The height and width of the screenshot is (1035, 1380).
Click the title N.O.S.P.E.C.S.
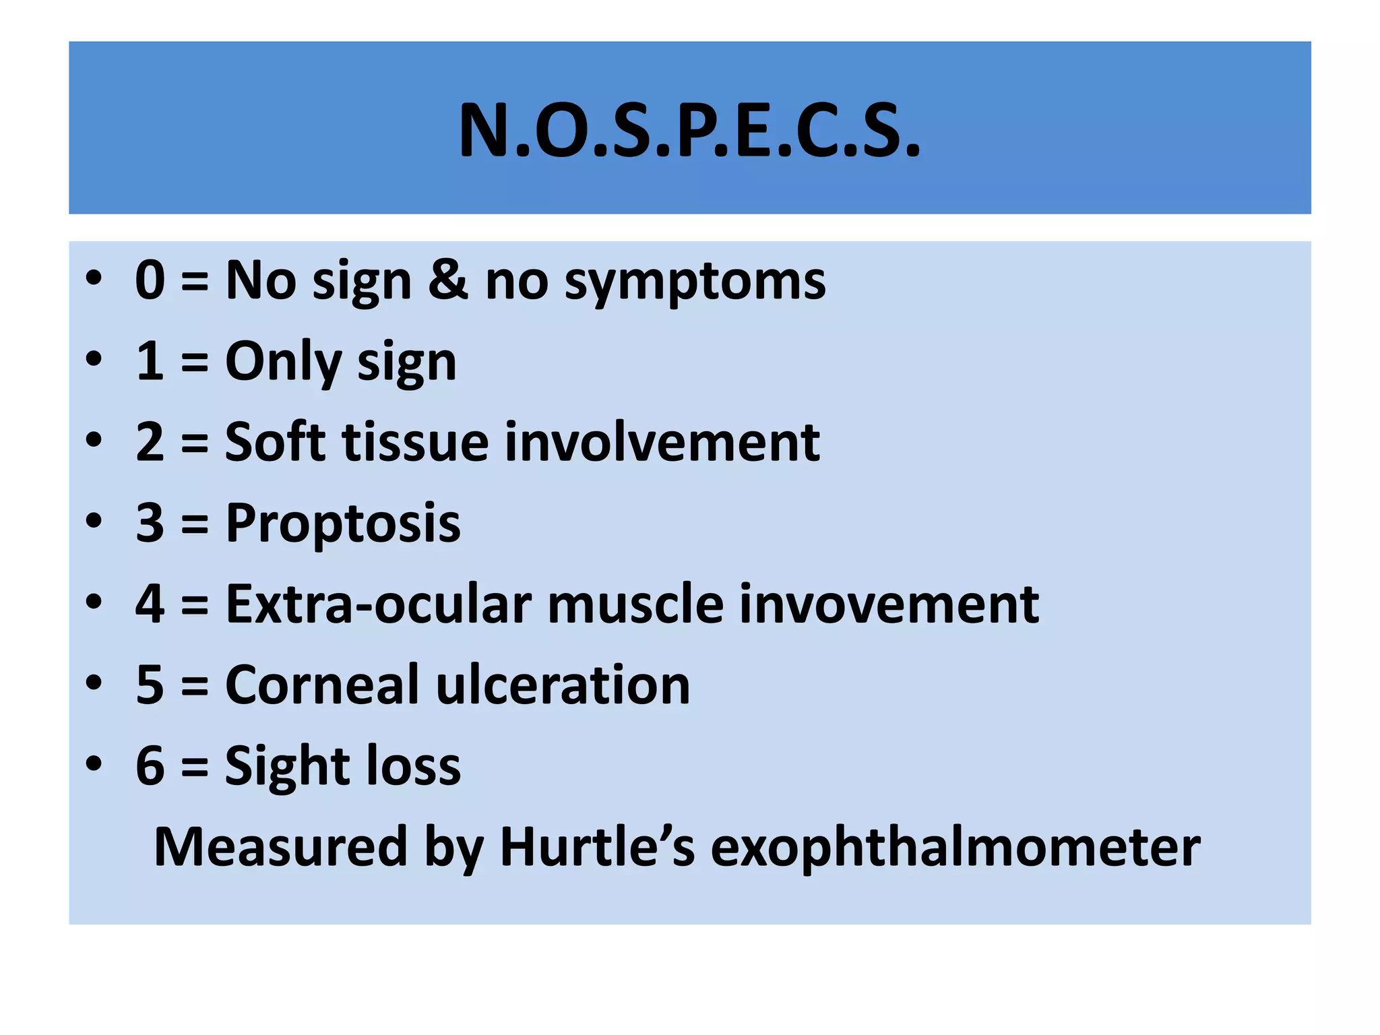click(689, 131)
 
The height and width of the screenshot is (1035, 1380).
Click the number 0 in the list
click(150, 280)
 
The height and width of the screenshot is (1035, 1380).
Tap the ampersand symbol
click(447, 280)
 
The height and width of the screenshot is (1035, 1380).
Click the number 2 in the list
click(150, 442)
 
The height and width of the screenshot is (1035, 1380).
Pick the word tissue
click(415, 442)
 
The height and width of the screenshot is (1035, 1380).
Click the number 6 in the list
click(150, 766)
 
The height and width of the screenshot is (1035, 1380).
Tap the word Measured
click(280, 847)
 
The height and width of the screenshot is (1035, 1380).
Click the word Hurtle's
click(597, 847)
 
